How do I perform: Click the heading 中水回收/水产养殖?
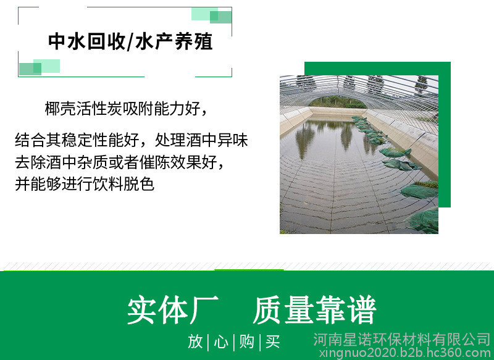(130, 41)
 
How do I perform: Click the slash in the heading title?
(130, 41)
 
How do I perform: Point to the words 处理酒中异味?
(201, 140)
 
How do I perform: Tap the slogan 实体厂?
(173, 310)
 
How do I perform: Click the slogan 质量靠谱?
(315, 310)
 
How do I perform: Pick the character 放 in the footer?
(195, 341)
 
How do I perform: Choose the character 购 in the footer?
(246, 341)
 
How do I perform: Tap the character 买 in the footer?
(272, 341)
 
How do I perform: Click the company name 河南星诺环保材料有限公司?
(402, 340)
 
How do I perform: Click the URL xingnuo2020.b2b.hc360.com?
(405, 353)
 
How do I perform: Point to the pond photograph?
(359, 154)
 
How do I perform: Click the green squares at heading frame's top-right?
(212, 15)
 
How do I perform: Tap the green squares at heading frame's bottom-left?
(40, 67)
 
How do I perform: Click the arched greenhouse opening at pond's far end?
(337, 102)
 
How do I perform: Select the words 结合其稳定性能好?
(77, 140)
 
